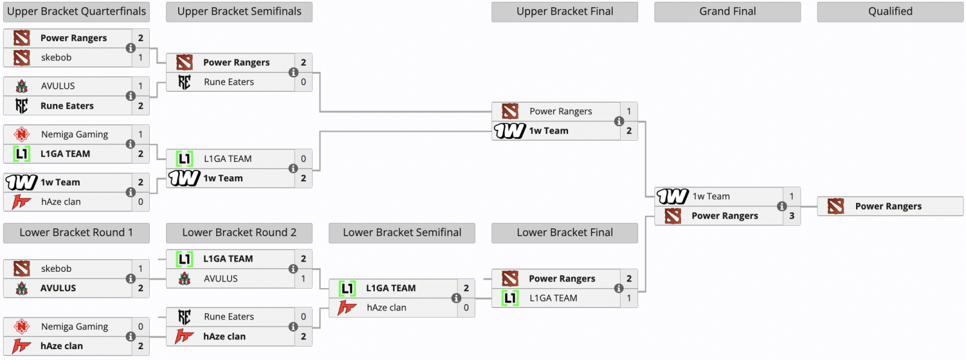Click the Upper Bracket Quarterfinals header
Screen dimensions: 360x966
pyautogui.click(x=76, y=11)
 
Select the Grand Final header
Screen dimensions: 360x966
pyautogui.click(x=727, y=11)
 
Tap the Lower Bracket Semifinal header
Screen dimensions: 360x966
pyautogui.click(x=401, y=233)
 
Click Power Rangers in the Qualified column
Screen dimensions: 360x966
pyautogui.click(x=888, y=207)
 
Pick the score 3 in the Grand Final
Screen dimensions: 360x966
pyautogui.click(x=792, y=216)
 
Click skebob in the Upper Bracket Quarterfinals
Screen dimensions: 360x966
pyautogui.click(x=56, y=57)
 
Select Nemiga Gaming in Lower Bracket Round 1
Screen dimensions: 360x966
pyautogui.click(x=74, y=327)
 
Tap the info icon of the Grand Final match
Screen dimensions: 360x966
pyautogui.click(x=782, y=206)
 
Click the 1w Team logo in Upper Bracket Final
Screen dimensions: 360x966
pyautogui.click(x=510, y=130)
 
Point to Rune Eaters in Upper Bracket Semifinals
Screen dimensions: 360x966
pyautogui.click(x=229, y=82)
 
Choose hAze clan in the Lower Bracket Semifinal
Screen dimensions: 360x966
pyautogui.click(x=386, y=307)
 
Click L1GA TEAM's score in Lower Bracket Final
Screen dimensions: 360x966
pyautogui.click(x=629, y=298)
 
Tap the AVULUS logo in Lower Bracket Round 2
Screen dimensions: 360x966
pyautogui.click(x=185, y=278)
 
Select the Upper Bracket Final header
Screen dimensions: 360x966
pyautogui.click(x=565, y=11)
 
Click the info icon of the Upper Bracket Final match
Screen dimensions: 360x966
pyautogui.click(x=619, y=121)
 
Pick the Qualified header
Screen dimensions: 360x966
pyautogui.click(x=890, y=11)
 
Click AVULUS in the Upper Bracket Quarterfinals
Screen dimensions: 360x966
pyautogui.click(x=58, y=86)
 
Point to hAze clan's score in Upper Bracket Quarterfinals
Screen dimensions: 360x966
pyautogui.click(x=141, y=202)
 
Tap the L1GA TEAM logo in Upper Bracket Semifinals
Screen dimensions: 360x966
pyautogui.click(x=185, y=159)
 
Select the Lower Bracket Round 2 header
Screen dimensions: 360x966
pyautogui.click(x=239, y=233)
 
